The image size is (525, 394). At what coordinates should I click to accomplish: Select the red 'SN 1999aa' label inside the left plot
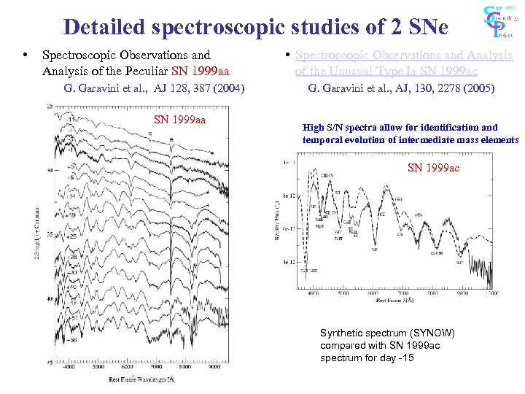(179, 120)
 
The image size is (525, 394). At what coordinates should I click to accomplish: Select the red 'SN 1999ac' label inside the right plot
(433, 168)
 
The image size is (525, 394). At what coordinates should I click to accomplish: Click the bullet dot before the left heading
(26, 55)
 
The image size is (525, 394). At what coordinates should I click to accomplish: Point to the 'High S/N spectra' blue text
(339, 127)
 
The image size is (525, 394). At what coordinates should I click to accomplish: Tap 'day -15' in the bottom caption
(398, 358)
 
